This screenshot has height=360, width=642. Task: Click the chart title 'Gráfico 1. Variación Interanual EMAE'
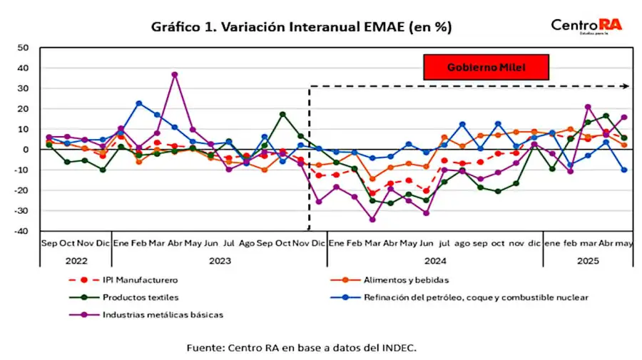pos(301,27)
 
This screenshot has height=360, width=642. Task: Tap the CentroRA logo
pos(586,26)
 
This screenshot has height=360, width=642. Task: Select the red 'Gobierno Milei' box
pos(486,68)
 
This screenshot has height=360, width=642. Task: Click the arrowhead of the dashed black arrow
pos(625,86)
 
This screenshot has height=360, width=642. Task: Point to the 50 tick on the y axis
pos(23,48)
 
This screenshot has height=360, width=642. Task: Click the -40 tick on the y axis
pos(21,231)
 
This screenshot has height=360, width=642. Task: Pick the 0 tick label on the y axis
pos(26,150)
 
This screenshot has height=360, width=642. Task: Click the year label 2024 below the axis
pos(434,261)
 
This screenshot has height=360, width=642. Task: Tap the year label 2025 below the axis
pos(588,261)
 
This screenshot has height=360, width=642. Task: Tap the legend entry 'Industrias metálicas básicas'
pos(163,314)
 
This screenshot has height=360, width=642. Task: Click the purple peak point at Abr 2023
pos(175,74)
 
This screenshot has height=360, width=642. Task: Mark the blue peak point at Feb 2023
pos(139,103)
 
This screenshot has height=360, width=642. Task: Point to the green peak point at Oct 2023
pos(282,114)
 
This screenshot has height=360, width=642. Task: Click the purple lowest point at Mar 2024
pos(372,220)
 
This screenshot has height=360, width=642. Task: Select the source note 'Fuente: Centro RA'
pos(301,348)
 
